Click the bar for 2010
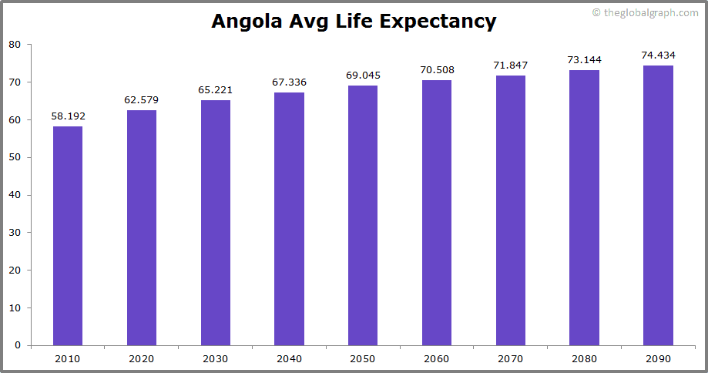click(68, 236)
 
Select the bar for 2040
click(289, 219)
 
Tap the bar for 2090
click(658, 205)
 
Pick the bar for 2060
click(437, 213)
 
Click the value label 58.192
click(68, 116)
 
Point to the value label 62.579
click(142, 100)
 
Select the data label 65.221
click(216, 90)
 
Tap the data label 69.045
click(363, 76)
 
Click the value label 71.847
click(510, 65)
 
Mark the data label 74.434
click(658, 55)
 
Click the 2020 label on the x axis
click(142, 358)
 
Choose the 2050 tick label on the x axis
click(363, 358)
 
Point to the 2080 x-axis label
click(584, 358)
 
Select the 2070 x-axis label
click(510, 358)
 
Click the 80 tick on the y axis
click(15, 45)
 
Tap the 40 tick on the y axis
click(15, 195)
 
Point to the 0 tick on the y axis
click(18, 345)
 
